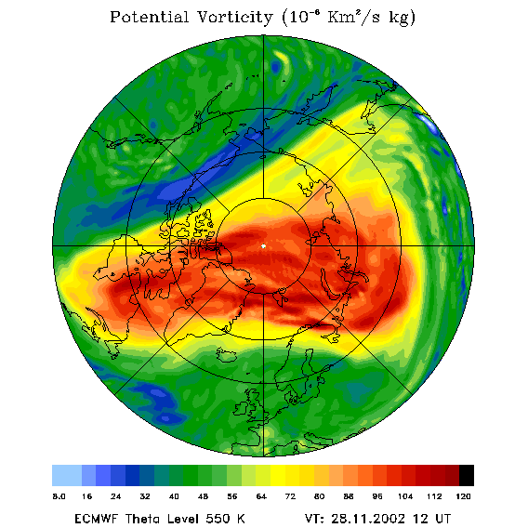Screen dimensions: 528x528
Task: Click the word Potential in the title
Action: tap(149, 17)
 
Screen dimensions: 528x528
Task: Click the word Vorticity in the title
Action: tap(234, 17)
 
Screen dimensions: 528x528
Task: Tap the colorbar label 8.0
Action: tap(59, 496)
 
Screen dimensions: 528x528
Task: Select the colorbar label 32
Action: tap(145, 496)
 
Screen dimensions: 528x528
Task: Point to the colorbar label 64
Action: tap(261, 496)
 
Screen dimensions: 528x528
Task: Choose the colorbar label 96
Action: tap(377, 496)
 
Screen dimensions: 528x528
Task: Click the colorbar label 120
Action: tap(463, 496)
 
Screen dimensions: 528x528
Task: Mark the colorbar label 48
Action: tap(203, 496)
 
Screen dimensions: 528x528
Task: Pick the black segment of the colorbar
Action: tap(467, 475)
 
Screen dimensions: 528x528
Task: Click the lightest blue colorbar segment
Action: tap(67, 475)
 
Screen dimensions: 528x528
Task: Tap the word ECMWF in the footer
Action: tap(96, 519)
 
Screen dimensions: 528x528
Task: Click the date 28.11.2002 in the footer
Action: tap(368, 519)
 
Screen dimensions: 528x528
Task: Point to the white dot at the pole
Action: tap(263, 246)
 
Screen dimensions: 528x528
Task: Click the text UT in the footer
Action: tap(442, 519)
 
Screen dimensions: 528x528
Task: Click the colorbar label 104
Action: tap(405, 496)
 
